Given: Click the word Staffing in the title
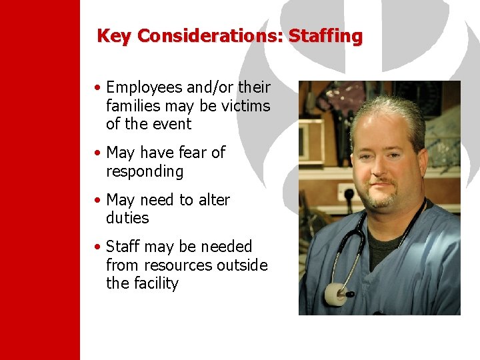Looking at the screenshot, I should pyautogui.click(x=325, y=36).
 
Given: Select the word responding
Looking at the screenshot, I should pyautogui.click(x=144, y=171).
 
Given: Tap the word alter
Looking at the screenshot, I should pyautogui.click(x=213, y=200).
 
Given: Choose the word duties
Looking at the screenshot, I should pyautogui.click(x=127, y=218).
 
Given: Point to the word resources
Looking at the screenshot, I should pyautogui.click(x=177, y=265).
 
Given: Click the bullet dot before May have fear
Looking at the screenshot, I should pyautogui.click(x=98, y=153).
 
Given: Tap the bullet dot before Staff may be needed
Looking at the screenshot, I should pyautogui.click(x=98, y=247).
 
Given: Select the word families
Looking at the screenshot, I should pyautogui.click(x=133, y=105).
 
